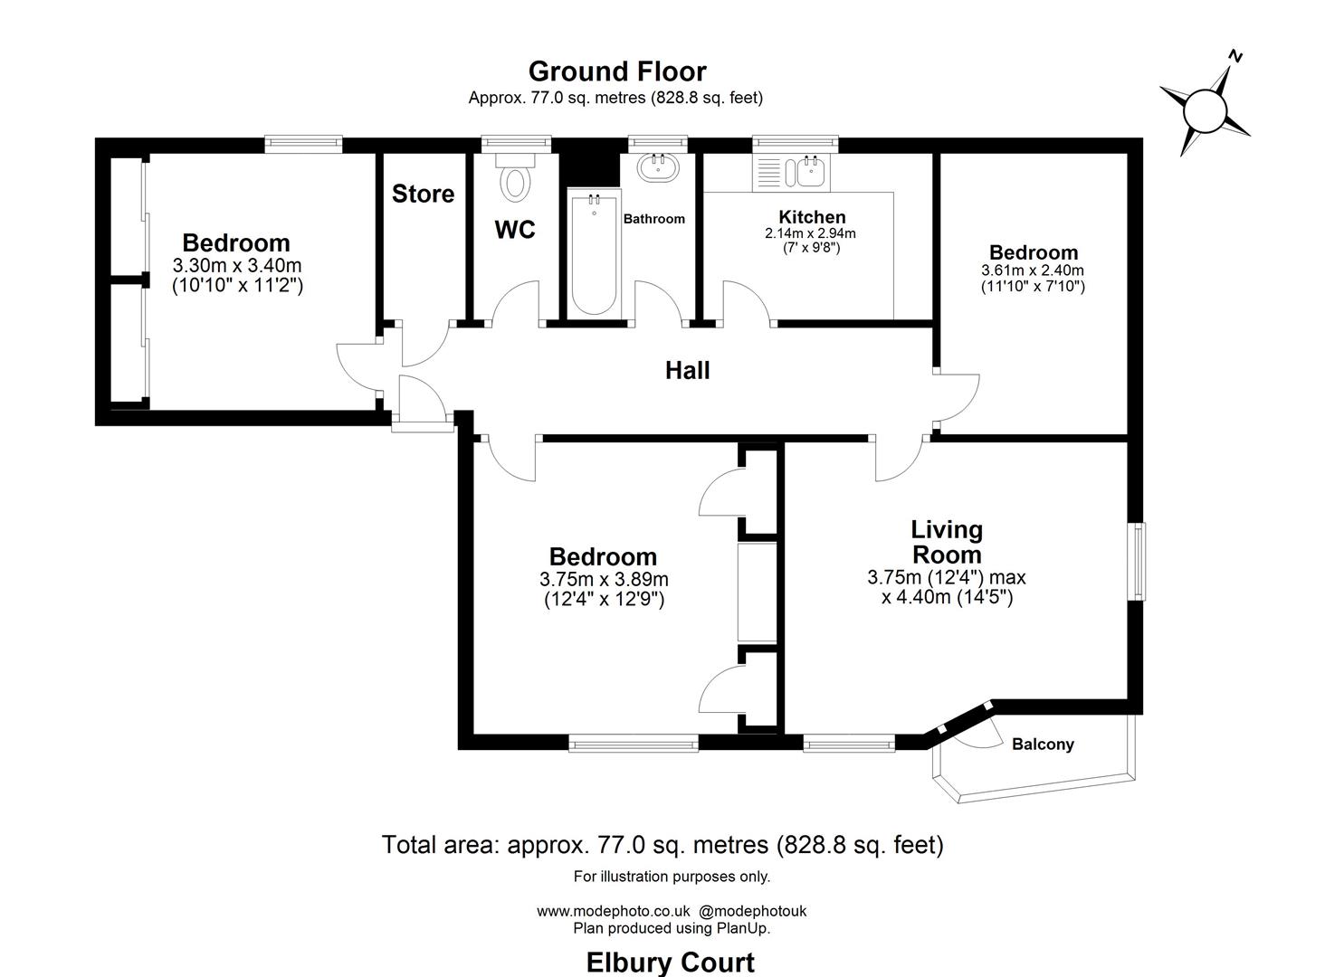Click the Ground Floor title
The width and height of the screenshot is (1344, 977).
pos(617,71)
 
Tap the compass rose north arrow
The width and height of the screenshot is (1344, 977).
pos(1205,110)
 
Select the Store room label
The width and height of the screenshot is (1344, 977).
pos(423,194)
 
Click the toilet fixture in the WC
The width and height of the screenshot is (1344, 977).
pos(515,181)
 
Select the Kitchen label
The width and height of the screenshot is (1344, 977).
pos(812,217)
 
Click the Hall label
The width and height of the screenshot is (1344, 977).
pos(688,370)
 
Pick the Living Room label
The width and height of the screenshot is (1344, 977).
pos(947,542)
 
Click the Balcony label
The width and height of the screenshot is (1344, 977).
pos(1043,745)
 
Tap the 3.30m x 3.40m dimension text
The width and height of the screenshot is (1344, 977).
pos(236,266)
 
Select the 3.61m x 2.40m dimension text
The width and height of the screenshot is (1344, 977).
pos(1033,270)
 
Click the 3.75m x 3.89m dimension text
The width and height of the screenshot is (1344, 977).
pos(604,580)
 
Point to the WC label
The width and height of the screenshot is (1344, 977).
pos(515,230)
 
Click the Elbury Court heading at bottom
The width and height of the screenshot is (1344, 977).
pos(671,962)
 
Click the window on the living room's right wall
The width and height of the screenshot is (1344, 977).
pos(1137,561)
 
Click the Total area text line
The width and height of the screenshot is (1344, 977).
pos(662,845)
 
